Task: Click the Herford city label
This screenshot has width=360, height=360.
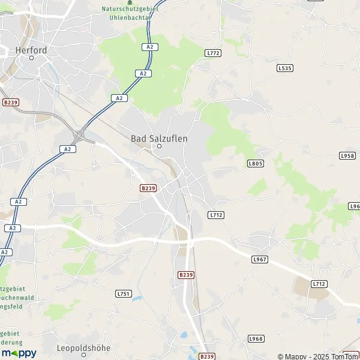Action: click(x=31, y=50)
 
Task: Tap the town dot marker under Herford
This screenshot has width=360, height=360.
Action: click(x=31, y=58)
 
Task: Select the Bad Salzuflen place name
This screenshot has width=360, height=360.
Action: click(x=159, y=139)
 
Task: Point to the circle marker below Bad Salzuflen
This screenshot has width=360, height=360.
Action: click(x=160, y=146)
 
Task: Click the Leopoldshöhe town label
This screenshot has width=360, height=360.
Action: click(x=84, y=348)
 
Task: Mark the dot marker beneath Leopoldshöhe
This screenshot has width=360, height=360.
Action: click(x=84, y=355)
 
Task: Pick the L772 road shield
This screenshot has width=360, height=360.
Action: click(x=213, y=53)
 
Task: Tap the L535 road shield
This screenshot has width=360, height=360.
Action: click(x=285, y=68)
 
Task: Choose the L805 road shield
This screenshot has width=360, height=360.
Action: click(x=256, y=163)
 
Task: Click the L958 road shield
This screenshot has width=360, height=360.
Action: click(x=347, y=156)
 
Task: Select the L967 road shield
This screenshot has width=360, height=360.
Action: click(x=259, y=259)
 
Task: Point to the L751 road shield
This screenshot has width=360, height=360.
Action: click(x=123, y=293)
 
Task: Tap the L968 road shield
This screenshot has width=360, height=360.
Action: click(x=256, y=338)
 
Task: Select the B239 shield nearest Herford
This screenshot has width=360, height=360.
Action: click(x=11, y=103)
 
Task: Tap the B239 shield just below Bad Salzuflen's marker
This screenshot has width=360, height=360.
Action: click(x=148, y=188)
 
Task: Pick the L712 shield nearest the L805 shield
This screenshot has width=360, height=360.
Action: click(x=216, y=215)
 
